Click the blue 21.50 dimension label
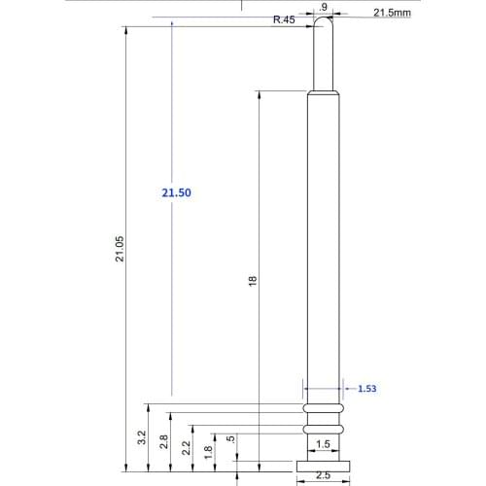pos(177,193)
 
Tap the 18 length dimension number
pos(252,280)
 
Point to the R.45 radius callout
pos(284,19)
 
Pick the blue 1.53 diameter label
pos(366,389)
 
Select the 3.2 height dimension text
pos(141,438)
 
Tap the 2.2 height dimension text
pos(186,448)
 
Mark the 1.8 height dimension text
pos(207,452)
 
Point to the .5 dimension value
pos(229,439)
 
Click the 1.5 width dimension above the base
pos(322,443)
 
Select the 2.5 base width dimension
pos(322,476)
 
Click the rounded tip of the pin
pos(323,23)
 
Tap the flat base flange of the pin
pos(322,464)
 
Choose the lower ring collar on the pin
pos(322,428)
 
